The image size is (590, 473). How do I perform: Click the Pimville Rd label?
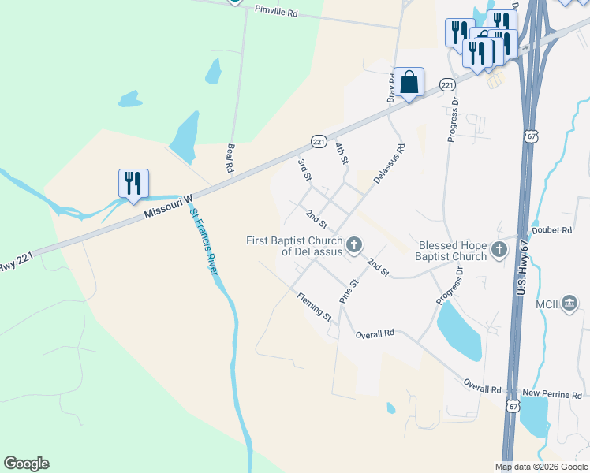[276, 12]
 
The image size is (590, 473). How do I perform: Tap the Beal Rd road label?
[230, 158]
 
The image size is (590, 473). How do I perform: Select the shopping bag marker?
[409, 83]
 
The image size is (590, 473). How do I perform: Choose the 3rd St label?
[304, 169]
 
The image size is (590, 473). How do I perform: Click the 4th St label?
[342, 154]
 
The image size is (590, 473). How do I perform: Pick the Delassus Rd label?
[390, 164]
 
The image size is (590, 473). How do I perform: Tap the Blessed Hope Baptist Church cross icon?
[499, 250]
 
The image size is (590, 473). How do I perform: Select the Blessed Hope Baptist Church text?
[453, 251]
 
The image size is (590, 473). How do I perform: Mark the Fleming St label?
[314, 307]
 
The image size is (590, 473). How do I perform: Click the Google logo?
[26, 464]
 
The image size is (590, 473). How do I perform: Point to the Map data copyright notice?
[542, 467]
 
